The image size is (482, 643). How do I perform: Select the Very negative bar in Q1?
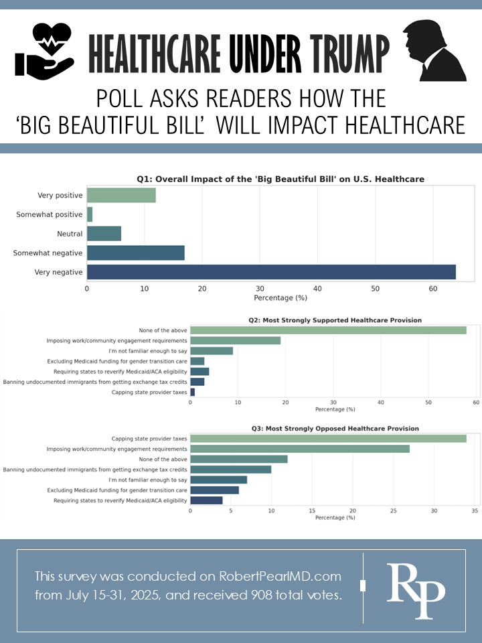(271, 272)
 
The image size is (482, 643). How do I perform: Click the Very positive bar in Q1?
(121, 195)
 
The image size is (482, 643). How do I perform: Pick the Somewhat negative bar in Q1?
(135, 253)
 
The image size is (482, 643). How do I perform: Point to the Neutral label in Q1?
(70, 234)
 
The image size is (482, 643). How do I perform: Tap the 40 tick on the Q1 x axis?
(317, 289)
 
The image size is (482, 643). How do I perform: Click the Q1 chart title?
(280, 179)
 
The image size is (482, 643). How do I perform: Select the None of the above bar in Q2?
(328, 330)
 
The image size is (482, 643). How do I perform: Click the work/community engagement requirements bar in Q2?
(235, 340)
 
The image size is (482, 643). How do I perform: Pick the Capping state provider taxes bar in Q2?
(192, 392)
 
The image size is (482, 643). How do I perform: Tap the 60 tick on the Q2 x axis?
(476, 403)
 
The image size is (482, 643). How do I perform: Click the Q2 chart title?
(335, 320)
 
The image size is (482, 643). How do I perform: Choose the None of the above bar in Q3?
(239, 459)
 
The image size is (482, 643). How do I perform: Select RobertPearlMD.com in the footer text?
(279, 577)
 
